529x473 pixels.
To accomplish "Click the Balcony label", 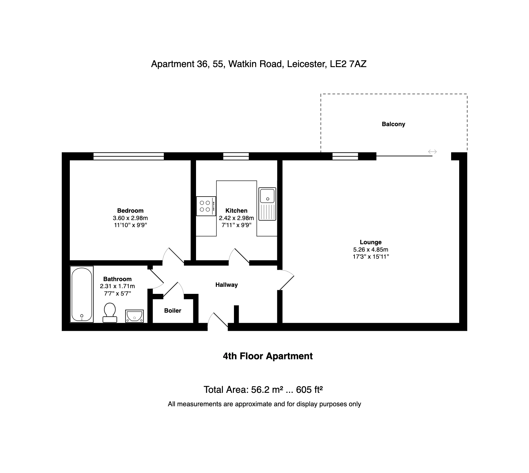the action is coord(393,124).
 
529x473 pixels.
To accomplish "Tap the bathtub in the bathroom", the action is coord(82,294).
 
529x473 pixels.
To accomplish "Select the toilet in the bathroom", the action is coord(109,313).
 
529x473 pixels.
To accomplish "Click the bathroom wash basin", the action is coord(135,316).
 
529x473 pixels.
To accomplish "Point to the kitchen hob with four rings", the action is coord(206,206).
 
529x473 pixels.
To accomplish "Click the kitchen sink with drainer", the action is coord(267,204).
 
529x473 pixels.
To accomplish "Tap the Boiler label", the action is coord(173,311).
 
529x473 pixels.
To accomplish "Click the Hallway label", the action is coord(227,285).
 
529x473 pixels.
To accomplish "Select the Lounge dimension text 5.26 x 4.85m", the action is coord(371,250).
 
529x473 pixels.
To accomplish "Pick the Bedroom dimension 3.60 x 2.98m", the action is coord(130,218).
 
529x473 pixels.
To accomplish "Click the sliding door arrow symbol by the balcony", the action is coord(432,152).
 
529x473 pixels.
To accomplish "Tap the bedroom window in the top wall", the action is coord(129,156).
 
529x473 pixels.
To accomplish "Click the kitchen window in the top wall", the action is coord(236,156).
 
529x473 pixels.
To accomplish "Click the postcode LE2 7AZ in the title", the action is coord(348,64).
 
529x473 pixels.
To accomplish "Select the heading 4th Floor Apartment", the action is coord(268,356).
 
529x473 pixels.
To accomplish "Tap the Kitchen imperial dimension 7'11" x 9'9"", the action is coord(236,225).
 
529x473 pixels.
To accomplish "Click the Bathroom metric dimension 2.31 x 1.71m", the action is coord(117,286).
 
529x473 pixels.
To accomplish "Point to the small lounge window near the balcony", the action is coord(345,156).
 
